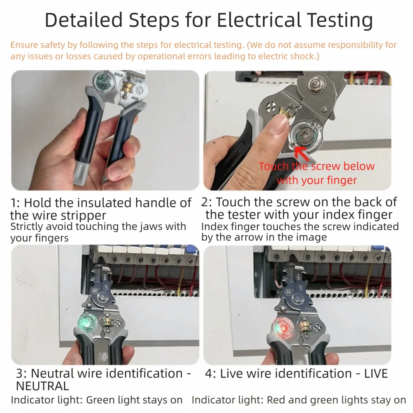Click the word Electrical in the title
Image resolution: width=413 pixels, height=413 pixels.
click(x=259, y=20)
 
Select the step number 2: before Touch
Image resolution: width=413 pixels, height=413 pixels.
click(x=206, y=202)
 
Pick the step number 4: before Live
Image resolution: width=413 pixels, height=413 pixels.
click(x=211, y=373)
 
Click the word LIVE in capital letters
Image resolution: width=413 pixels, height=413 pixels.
click(x=376, y=373)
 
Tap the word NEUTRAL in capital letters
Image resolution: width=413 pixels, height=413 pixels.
click(x=43, y=386)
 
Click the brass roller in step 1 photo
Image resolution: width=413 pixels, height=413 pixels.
click(x=126, y=88)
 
